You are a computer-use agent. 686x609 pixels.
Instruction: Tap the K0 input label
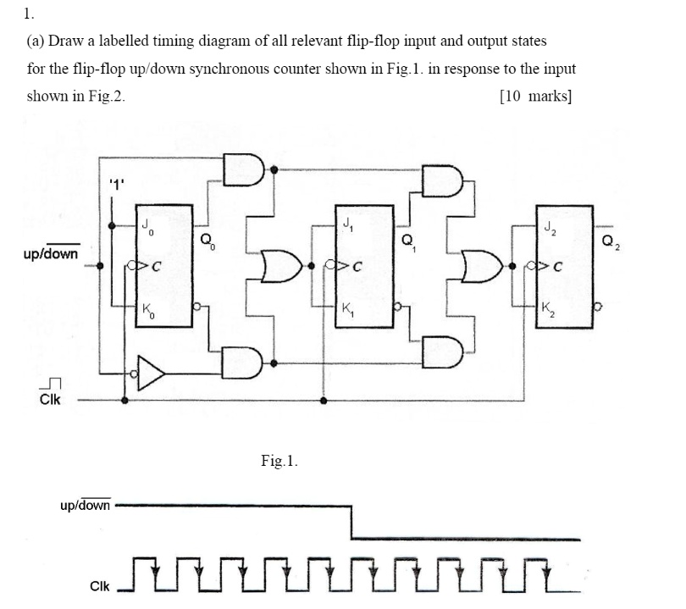point(147,309)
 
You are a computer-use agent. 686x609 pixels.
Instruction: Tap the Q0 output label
point(207,240)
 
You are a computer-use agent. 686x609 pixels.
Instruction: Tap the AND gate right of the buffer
point(244,363)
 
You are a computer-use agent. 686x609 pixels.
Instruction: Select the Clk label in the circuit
point(50,400)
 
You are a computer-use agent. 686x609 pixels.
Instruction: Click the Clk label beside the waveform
point(99,585)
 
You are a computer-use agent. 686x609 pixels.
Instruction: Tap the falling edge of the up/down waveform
point(351,523)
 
